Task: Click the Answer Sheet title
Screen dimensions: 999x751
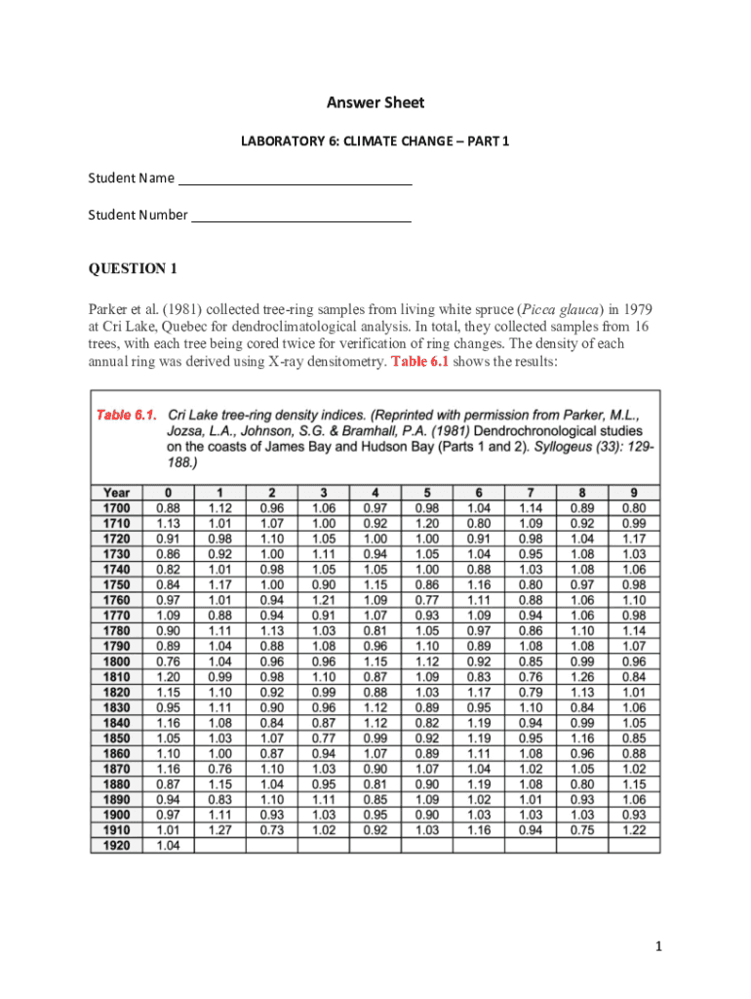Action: (375, 102)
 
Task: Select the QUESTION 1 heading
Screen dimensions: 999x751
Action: (133, 268)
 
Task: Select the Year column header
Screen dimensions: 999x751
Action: (116, 493)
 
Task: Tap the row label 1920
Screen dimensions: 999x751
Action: (116, 846)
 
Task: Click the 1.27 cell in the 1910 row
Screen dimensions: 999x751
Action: (219, 830)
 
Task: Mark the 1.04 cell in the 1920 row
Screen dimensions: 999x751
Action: (168, 846)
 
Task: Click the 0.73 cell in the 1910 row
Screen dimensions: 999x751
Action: (271, 830)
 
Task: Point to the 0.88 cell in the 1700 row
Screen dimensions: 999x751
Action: (168, 507)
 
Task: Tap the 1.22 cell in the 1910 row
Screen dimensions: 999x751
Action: (633, 830)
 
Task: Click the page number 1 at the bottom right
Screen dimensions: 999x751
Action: (659, 946)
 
